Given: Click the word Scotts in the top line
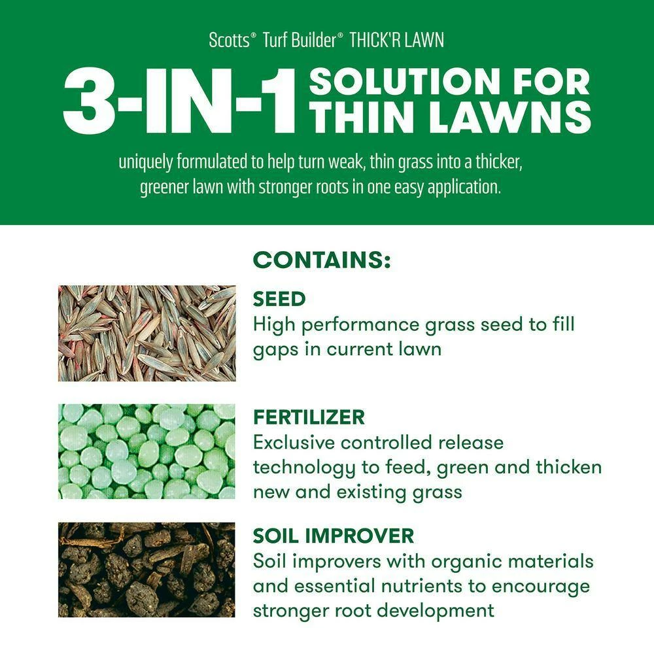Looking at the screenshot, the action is pyautogui.click(x=229, y=40).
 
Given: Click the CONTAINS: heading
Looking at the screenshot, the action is pyautogui.click(x=322, y=260).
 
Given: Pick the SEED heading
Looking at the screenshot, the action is pyautogui.click(x=279, y=299).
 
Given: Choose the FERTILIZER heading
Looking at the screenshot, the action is pyautogui.click(x=309, y=417).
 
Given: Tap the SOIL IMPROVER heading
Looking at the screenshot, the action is pyautogui.click(x=334, y=536).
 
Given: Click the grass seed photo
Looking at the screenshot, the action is pyautogui.click(x=146, y=334).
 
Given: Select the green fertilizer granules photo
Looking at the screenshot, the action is pyautogui.click(x=146, y=451).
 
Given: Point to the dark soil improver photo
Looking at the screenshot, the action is pyautogui.click(x=146, y=570).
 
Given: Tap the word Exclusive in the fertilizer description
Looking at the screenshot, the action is pyautogui.click(x=294, y=443).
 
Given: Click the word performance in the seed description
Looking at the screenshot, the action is pyautogui.click(x=360, y=325).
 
